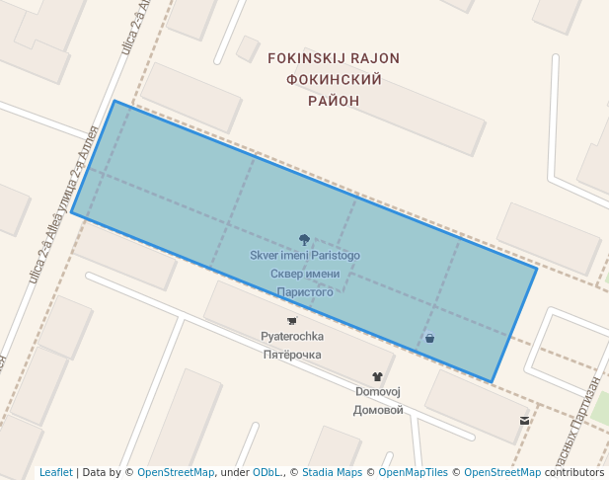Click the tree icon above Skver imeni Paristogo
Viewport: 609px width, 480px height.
coord(304,239)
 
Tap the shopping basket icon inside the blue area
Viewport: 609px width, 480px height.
coord(429,339)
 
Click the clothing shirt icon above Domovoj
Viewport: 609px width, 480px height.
coord(377,375)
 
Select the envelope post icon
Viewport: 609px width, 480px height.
coord(524,421)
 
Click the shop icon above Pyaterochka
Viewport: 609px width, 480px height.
coord(291,321)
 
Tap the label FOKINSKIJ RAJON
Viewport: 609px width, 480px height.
coord(334,58)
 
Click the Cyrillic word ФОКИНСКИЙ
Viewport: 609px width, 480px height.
coord(334,79)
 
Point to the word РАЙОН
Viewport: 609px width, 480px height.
coord(334,101)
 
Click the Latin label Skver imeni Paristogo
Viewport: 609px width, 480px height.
coord(304,256)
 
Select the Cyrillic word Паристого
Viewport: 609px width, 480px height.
coord(304,292)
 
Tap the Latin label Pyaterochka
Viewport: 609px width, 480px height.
coord(291,337)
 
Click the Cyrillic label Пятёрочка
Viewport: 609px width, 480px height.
coord(291,355)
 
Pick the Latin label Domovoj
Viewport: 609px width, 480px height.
coord(377,392)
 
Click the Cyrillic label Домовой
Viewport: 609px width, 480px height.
coord(377,410)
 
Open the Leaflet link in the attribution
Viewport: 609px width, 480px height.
coord(56,472)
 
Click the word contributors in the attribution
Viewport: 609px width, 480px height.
coord(574,472)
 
